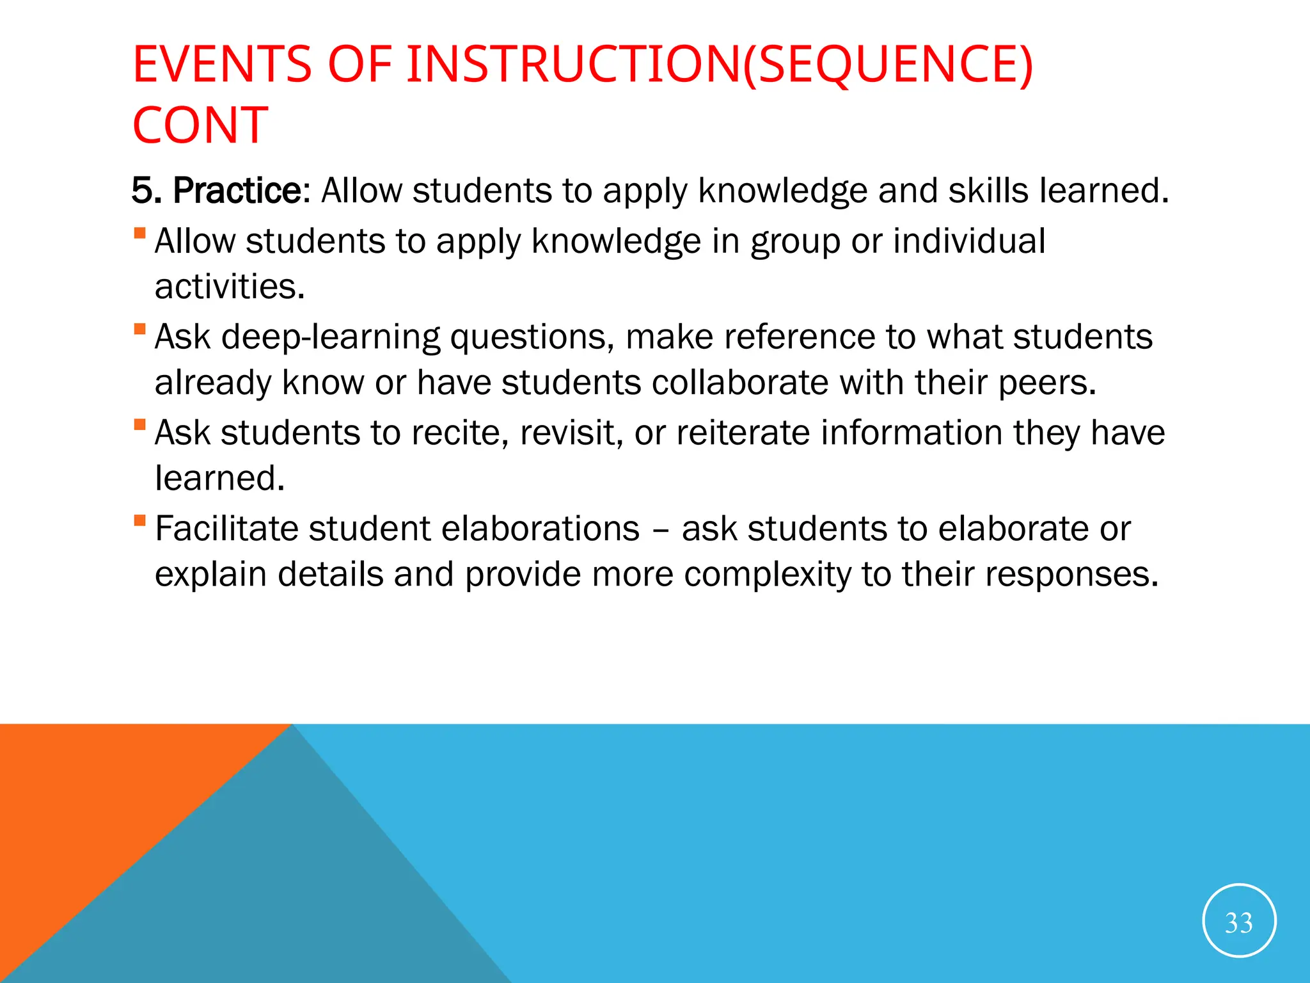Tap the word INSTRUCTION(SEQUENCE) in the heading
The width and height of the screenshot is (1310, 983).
click(720, 65)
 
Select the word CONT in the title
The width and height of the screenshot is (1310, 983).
click(200, 125)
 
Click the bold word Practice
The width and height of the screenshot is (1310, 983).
click(236, 191)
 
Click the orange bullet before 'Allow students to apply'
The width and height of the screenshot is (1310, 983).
click(139, 233)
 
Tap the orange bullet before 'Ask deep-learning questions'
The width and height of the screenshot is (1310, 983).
click(139, 329)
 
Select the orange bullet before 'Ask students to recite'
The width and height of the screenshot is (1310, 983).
click(139, 424)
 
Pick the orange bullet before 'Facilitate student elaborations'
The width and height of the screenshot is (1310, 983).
click(139, 520)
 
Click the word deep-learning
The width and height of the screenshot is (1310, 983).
click(331, 337)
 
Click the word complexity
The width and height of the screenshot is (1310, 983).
click(768, 574)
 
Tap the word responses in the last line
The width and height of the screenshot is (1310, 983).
click(1071, 574)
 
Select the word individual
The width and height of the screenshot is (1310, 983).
click(968, 241)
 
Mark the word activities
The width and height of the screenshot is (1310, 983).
click(230, 287)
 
